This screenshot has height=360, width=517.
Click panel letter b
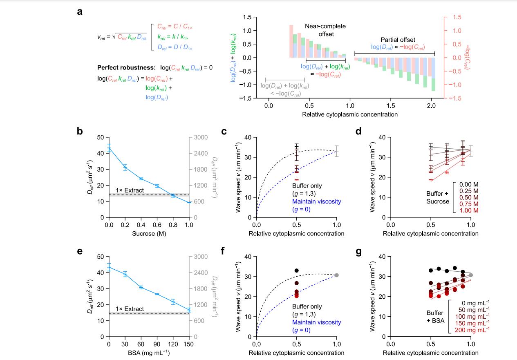pyautogui.click(x=80, y=131)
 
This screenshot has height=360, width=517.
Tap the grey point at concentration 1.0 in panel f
pyautogui.click(x=336, y=275)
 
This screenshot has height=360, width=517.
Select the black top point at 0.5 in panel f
pyautogui.click(x=297, y=271)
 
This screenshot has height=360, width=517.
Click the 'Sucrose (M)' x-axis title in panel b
pyautogui.click(x=149, y=234)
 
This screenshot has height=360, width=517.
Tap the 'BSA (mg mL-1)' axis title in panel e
pyautogui.click(x=149, y=353)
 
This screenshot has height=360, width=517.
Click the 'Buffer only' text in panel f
pyautogui.click(x=310, y=306)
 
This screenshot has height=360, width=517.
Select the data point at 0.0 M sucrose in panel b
pyautogui.click(x=109, y=148)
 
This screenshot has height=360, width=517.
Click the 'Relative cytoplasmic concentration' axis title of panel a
pyautogui.click(x=350, y=114)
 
